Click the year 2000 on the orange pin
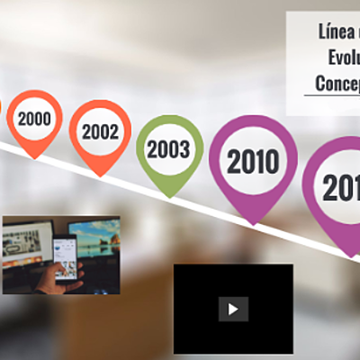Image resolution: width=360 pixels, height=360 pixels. [34, 118]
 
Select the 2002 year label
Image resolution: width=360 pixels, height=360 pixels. [100, 131]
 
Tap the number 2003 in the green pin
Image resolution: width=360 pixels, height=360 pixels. [169, 149]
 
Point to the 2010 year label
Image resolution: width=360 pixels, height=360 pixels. [253, 162]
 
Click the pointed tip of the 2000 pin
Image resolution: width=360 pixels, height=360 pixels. [35, 157]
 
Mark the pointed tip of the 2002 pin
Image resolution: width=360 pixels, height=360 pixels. [101, 175]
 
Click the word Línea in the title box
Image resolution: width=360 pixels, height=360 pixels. [336, 34]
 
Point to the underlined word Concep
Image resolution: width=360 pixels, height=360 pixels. [337, 83]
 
